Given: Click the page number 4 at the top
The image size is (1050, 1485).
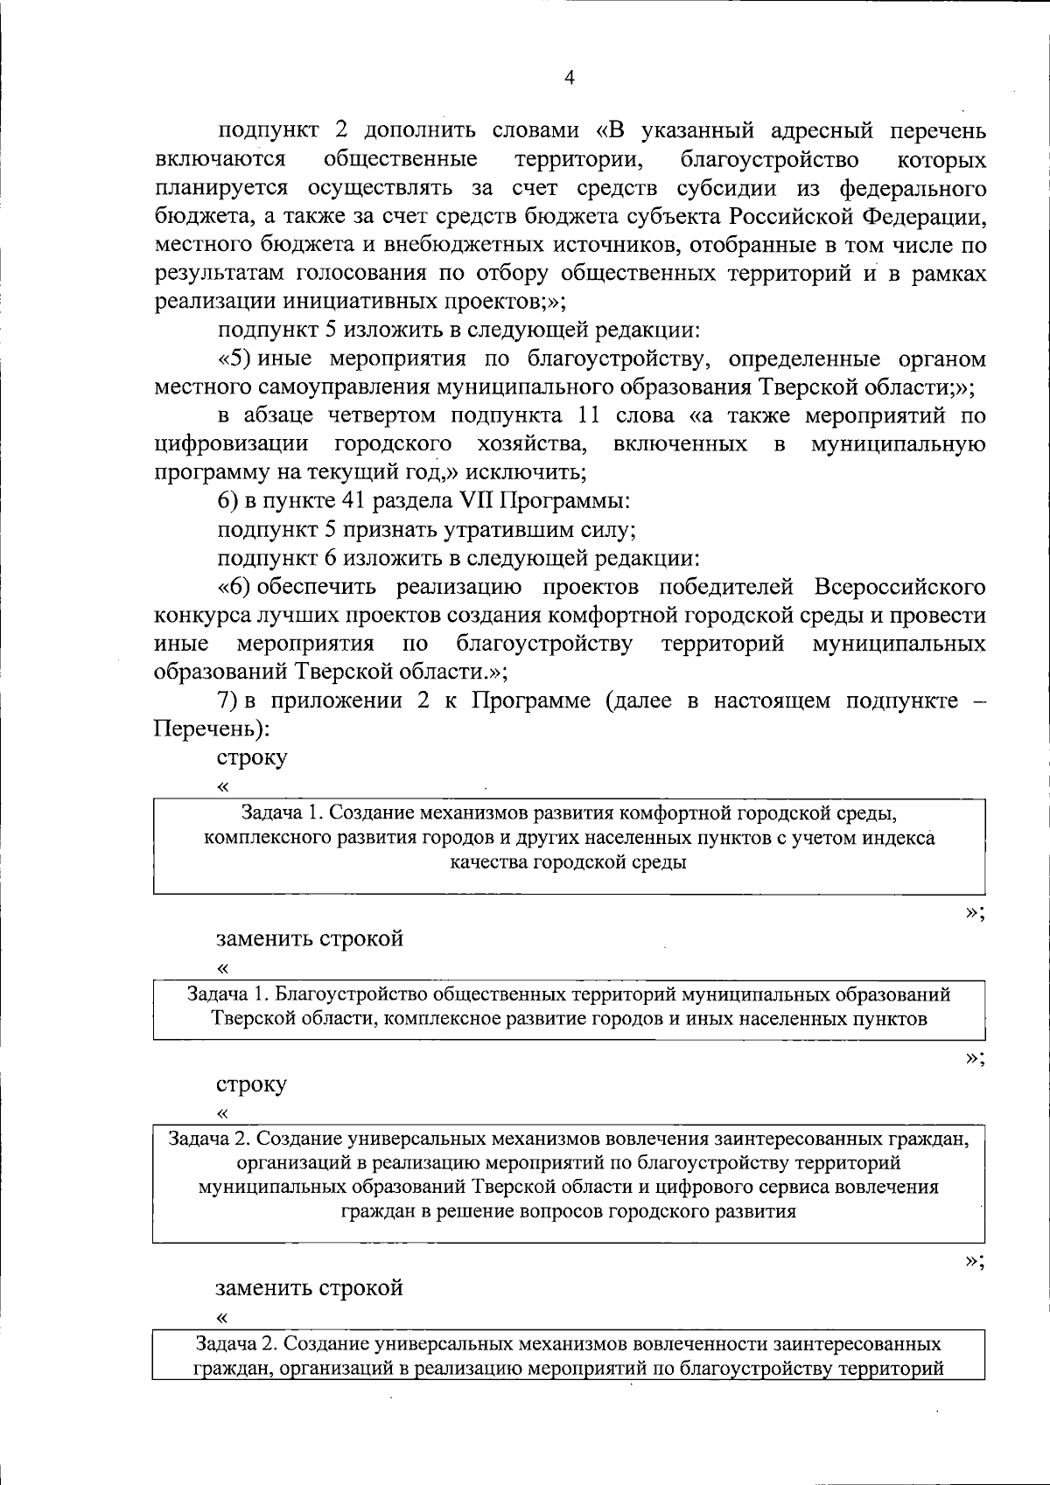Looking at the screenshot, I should click(570, 78).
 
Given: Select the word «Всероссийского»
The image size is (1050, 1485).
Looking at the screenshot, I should click(899, 586).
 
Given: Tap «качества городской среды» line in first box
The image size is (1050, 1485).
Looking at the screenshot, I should click(568, 862).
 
